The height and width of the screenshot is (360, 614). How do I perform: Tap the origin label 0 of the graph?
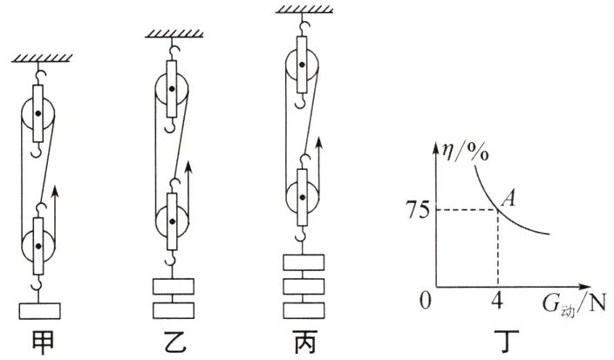tap(425, 300)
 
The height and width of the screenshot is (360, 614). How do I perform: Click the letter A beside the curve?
tap(515, 200)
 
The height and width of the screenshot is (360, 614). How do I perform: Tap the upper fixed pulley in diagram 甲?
tap(38, 114)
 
